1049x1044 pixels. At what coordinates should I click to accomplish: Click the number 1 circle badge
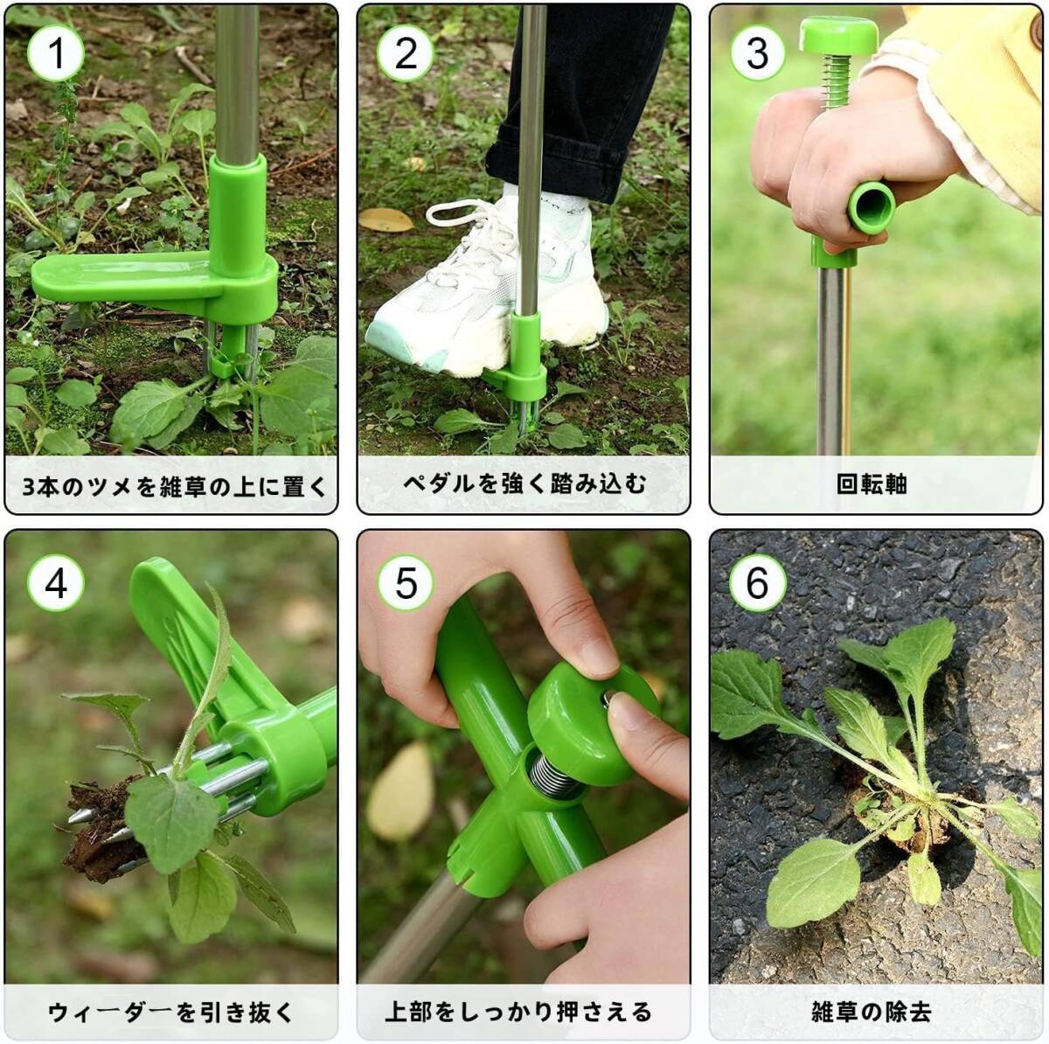tap(56, 53)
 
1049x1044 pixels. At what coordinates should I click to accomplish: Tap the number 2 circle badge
tap(406, 53)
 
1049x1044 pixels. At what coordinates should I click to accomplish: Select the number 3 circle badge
tap(757, 53)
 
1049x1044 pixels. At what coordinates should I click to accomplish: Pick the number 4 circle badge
tap(56, 583)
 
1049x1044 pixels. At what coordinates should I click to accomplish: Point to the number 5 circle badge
tap(406, 583)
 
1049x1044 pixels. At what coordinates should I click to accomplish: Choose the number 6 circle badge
tap(757, 583)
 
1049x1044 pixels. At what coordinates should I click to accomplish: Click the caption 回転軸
tap(872, 484)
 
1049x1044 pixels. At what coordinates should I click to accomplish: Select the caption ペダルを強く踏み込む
tap(524, 484)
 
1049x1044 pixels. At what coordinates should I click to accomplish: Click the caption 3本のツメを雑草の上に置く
tap(174, 485)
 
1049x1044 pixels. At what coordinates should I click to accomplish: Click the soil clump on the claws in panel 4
tap(101, 832)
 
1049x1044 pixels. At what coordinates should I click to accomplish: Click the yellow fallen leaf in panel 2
tap(386, 219)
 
